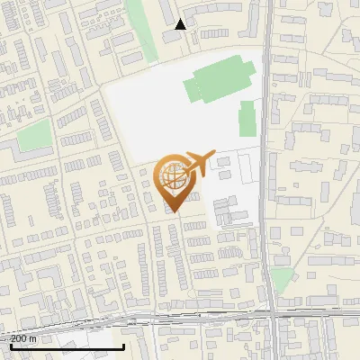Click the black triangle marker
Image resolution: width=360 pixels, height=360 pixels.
(181, 24)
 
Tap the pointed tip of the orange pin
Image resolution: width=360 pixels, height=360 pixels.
(175, 212)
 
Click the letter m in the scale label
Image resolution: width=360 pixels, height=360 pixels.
(33, 338)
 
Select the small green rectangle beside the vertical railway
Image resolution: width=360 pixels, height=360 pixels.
(247, 118)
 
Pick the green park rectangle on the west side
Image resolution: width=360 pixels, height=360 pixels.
(34, 136)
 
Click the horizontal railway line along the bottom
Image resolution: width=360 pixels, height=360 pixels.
(180, 318)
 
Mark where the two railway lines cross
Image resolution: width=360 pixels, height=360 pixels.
(271, 316)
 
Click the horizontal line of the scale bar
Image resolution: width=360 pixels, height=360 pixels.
(67, 346)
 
